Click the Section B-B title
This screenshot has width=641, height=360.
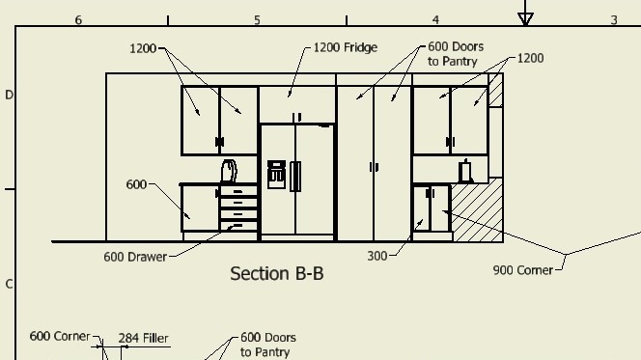pos(277,273)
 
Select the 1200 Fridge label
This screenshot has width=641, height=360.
pos(346,48)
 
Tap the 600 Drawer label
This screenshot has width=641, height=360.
pos(135,257)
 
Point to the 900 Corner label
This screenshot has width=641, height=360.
pos(523,270)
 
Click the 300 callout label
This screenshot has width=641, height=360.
pos(376,256)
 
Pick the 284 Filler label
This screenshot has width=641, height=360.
pos(143,339)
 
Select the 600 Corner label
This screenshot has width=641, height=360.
pos(60,336)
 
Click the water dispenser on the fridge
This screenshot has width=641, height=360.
pos(276,175)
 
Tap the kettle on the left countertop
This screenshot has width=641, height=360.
pos(229,171)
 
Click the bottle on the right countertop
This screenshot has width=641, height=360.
pos(465,171)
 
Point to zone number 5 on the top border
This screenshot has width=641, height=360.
pos(257,20)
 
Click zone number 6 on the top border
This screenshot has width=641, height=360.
pos(78,20)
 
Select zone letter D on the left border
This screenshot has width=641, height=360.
pos(9,95)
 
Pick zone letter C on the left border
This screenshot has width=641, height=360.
pos(9,284)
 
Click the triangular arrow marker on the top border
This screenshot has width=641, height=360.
pos(525,18)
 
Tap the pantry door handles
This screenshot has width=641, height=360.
pos(374,167)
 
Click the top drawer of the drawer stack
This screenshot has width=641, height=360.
pos(238,191)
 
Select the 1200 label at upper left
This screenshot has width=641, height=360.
pos(143,49)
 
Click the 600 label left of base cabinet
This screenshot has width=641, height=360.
pos(136,184)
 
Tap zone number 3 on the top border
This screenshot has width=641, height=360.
pos(614,20)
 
